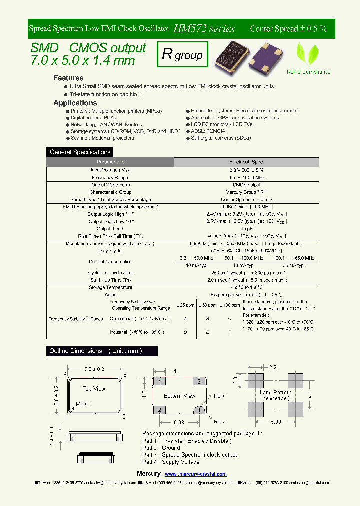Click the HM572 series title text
point(204,29)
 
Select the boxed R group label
point(182,55)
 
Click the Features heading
point(68,78)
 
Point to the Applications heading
point(75,103)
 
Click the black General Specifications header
point(80,152)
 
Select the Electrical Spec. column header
point(246,162)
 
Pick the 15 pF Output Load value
point(246,229)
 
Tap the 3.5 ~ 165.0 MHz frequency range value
point(246,177)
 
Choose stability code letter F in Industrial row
point(229,332)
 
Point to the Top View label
point(94,388)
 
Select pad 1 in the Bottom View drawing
point(199,410)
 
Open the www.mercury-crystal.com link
point(195,474)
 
